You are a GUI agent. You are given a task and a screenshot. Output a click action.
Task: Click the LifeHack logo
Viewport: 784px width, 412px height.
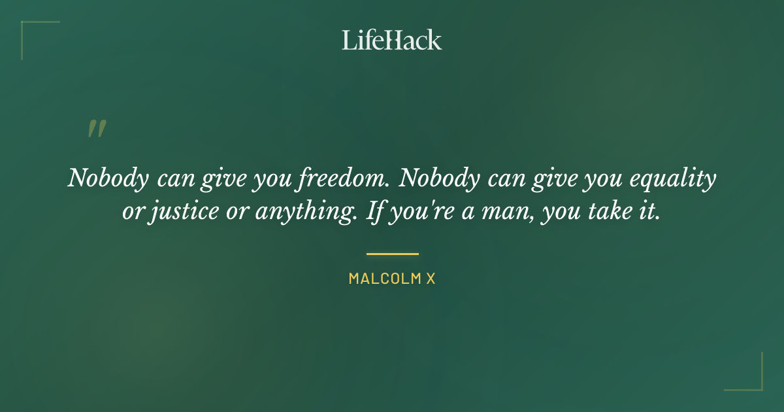click(392, 40)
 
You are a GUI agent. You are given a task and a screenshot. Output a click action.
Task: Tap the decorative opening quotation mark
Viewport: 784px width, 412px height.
click(97, 129)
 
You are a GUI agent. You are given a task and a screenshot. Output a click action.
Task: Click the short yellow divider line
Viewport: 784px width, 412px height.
click(392, 254)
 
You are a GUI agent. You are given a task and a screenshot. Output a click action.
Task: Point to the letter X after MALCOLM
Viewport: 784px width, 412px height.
click(431, 279)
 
